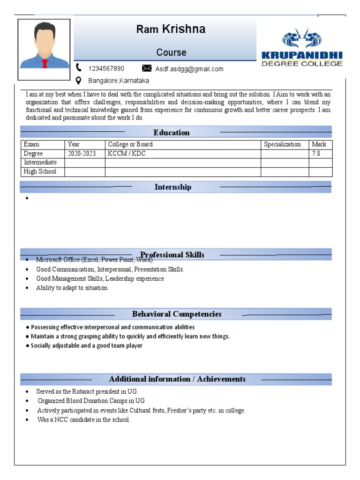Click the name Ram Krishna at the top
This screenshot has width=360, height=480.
tap(171, 30)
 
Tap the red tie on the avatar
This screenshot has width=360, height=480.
tap(45, 63)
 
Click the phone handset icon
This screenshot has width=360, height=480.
tap(79, 67)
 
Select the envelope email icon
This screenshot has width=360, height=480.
tap(147, 68)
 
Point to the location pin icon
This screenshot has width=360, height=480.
tap(79, 80)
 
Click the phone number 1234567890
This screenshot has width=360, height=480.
tap(106, 68)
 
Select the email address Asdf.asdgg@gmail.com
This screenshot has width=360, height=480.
tap(189, 69)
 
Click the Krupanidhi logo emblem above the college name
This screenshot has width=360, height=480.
tap(302, 39)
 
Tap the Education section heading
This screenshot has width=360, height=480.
tap(172, 133)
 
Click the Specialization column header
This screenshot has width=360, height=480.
tap(282, 144)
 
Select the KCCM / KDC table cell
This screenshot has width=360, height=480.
tap(127, 154)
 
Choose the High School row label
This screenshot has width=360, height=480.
tap(40, 172)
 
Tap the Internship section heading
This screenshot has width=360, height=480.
tap(173, 187)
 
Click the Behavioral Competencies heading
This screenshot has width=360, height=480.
tap(177, 314)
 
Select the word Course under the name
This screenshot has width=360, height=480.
tap(171, 52)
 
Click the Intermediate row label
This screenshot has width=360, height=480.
tap(40, 163)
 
